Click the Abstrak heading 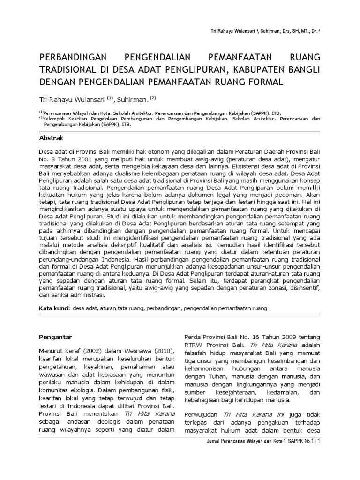[x=51, y=138]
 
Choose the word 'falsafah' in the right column [x=196, y=352]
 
